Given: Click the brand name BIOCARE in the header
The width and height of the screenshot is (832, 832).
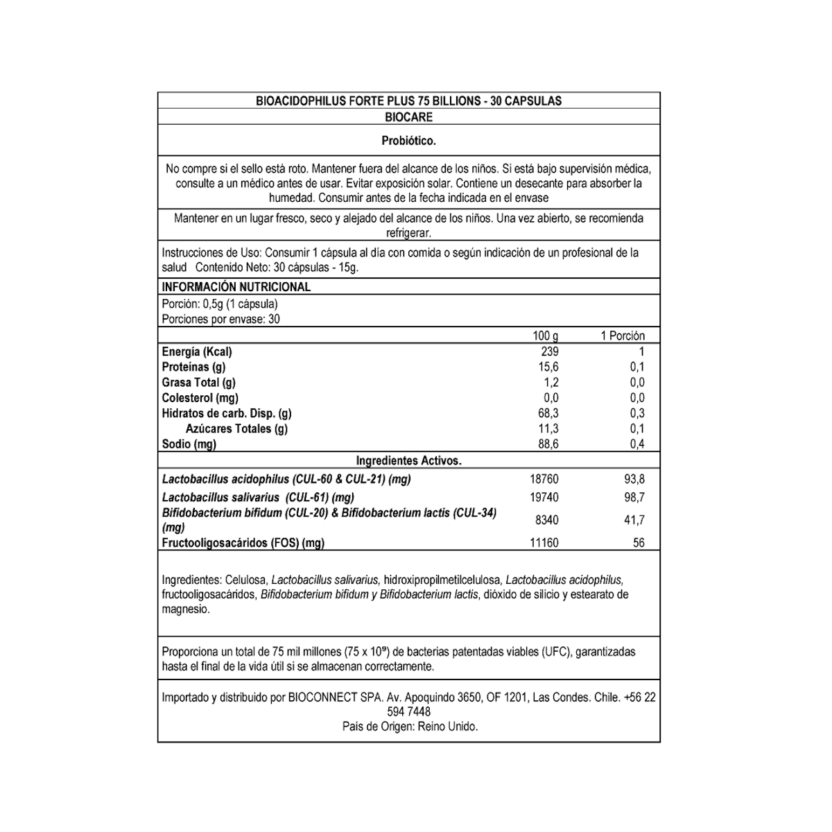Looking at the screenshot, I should click(x=408, y=118).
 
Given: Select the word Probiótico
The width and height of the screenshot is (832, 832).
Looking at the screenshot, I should click(x=408, y=141).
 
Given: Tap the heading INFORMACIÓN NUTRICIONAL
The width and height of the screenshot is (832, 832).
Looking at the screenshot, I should click(x=236, y=287).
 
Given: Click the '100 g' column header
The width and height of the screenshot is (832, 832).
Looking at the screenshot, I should click(x=546, y=336).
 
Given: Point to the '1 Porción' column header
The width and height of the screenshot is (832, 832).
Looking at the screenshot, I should click(x=622, y=336).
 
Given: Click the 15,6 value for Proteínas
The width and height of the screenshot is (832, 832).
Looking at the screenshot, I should click(x=548, y=367).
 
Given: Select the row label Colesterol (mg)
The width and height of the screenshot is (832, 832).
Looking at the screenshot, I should click(x=200, y=398).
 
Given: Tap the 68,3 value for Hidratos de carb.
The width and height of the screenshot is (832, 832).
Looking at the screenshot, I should click(x=548, y=413).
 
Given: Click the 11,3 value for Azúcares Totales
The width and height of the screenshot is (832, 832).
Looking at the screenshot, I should click(x=548, y=428).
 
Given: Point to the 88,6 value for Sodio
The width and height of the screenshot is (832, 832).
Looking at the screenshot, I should click(x=548, y=444).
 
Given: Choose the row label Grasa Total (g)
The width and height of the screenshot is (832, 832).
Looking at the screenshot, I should click(x=198, y=383).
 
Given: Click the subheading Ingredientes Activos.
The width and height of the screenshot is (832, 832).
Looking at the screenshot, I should click(x=408, y=460).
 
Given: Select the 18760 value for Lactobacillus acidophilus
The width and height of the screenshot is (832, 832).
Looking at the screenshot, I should click(x=544, y=479).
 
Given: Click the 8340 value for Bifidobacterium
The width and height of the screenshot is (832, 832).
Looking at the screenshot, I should click(x=546, y=520).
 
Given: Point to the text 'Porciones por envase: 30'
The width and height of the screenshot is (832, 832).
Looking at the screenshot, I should click(x=220, y=320).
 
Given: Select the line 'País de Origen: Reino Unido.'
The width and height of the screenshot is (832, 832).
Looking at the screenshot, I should click(x=410, y=727).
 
